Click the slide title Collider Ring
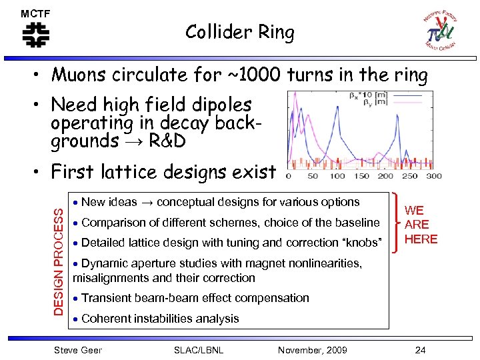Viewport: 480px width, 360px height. [239, 32]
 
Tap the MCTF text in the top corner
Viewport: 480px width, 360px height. [35, 13]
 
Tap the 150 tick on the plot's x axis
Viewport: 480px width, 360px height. [362, 176]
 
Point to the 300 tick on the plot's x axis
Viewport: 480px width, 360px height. [433, 176]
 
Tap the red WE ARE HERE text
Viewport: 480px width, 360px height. [421, 225]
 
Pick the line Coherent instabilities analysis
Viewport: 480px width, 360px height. [159, 318]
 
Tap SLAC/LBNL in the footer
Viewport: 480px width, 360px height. [198, 350]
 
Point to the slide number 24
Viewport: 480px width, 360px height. [420, 350]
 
